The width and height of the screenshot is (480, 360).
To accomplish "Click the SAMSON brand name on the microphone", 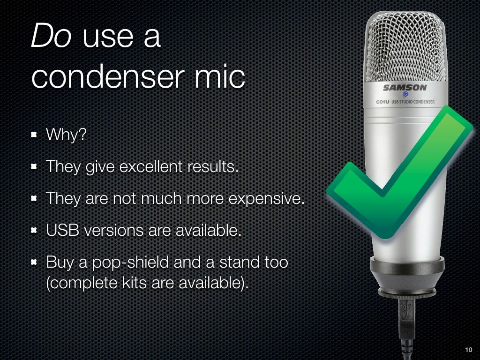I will tap(405, 88).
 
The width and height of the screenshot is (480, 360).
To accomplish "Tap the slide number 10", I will tap(468, 350).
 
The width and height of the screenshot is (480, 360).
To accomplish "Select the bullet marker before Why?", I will tap(34, 136).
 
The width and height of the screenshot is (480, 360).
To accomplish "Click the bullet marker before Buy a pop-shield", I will tap(34, 262).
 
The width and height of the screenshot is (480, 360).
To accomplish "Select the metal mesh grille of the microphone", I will tap(405, 47).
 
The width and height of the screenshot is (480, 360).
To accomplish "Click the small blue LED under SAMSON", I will tap(405, 95).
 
